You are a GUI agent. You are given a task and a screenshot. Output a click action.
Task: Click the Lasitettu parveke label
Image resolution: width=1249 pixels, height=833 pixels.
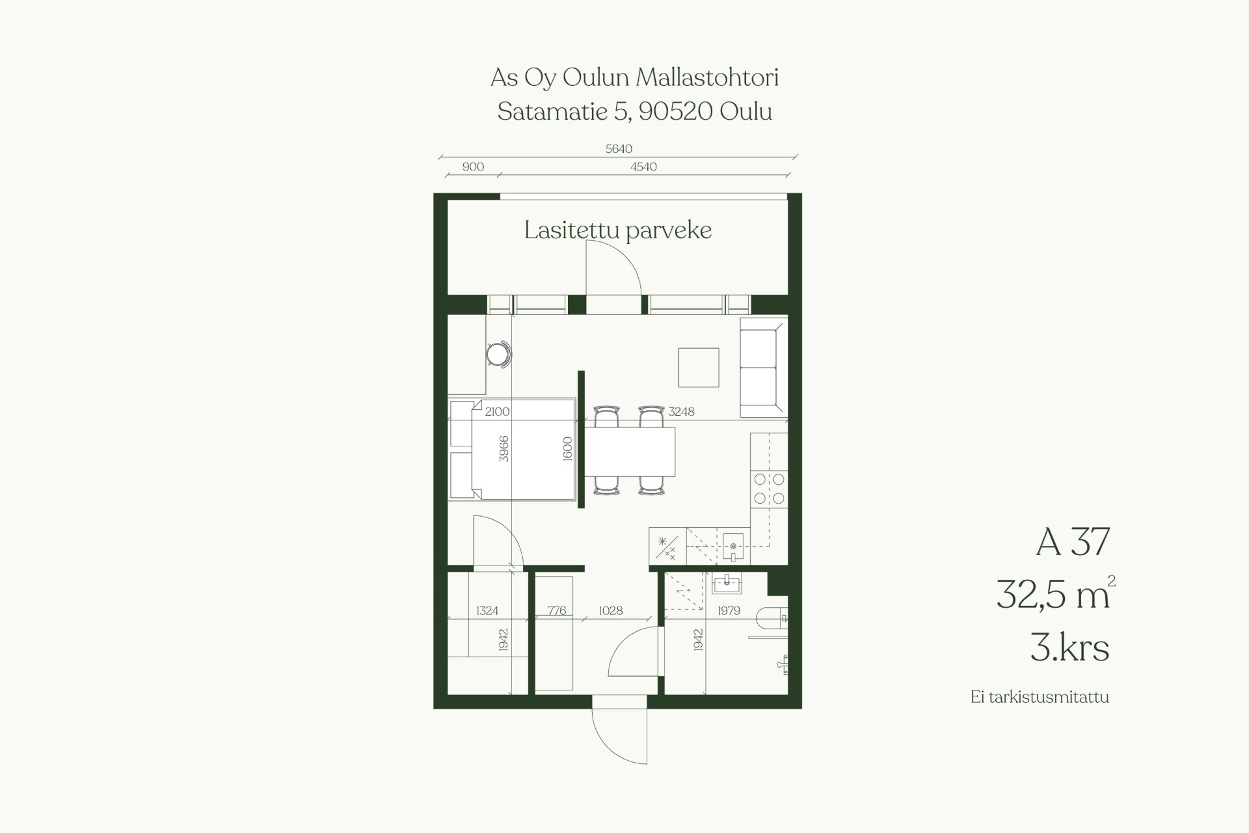[x=618, y=231]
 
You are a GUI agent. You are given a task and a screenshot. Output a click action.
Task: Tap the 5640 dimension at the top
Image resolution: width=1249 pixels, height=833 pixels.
[x=619, y=149]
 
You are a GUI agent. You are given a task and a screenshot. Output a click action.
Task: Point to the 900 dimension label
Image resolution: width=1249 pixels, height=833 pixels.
[x=473, y=167]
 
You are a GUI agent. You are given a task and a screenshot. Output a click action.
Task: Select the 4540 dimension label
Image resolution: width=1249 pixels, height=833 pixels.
[x=643, y=167]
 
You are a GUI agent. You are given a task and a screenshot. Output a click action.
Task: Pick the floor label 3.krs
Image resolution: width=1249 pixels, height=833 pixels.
[x=1069, y=648]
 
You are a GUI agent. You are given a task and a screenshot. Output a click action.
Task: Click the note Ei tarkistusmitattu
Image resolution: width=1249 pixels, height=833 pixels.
[x=1040, y=697]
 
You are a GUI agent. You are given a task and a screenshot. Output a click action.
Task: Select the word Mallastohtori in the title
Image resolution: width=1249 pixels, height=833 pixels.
[x=707, y=77]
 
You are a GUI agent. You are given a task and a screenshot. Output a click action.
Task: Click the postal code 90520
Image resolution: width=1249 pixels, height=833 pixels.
[x=675, y=111]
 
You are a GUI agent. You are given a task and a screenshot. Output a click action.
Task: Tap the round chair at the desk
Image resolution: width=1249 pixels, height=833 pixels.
[x=499, y=355]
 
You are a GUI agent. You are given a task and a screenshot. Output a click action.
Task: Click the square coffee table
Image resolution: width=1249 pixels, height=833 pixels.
[x=699, y=367]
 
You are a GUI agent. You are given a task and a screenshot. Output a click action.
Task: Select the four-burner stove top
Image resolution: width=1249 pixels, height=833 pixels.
[x=769, y=489]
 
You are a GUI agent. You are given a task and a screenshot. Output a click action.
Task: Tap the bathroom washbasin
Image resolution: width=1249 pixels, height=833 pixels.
[x=726, y=584]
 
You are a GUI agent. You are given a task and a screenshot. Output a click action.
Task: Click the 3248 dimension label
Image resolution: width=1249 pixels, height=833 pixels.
[x=681, y=411]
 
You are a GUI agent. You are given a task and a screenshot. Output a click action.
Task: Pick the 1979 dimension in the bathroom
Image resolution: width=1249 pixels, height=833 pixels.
[x=729, y=610]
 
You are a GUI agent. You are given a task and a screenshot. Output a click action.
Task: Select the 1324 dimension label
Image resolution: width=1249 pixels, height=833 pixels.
[x=487, y=610]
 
